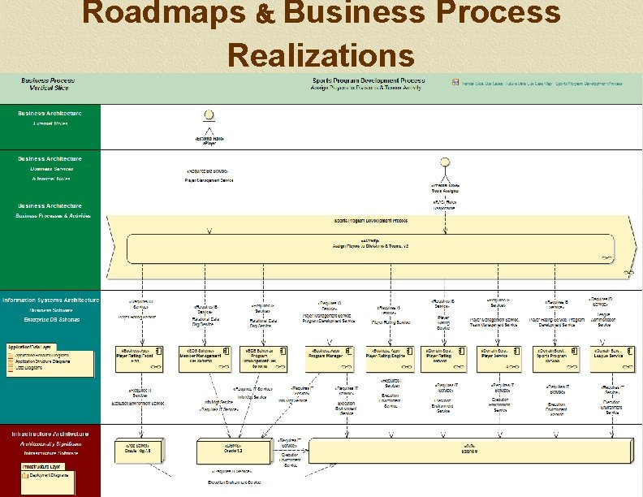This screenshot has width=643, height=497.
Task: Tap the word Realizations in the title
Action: pos(321,54)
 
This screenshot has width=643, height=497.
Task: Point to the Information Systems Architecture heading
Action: pos(50,300)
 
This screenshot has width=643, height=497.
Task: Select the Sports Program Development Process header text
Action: pos(369,80)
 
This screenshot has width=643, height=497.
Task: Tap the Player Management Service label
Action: pos(209,179)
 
